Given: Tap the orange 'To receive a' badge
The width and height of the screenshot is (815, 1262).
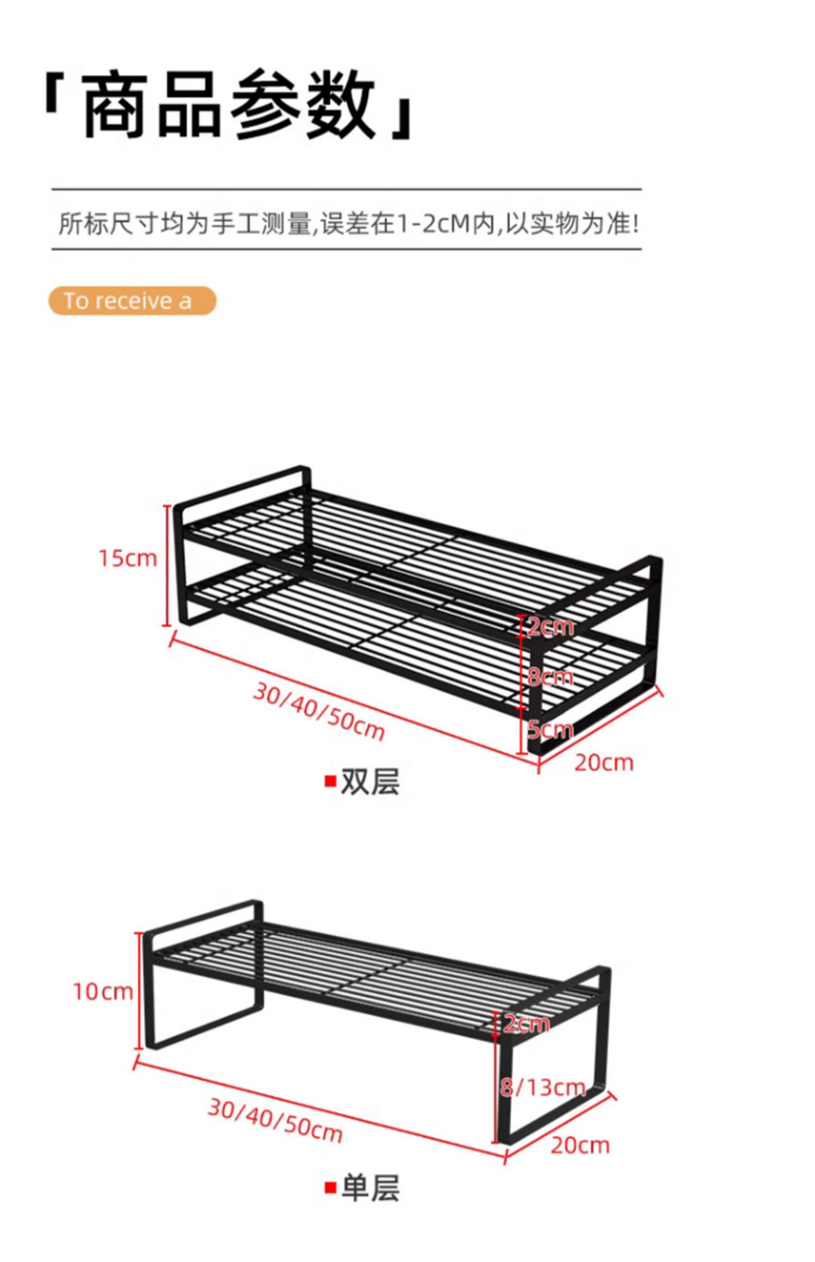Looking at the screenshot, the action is (x=132, y=301).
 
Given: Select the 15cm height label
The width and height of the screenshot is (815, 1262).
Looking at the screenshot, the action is (x=128, y=558).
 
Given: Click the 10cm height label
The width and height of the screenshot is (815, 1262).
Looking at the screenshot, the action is (x=103, y=992).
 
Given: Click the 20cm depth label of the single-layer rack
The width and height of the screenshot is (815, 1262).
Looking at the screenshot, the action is (x=580, y=1145).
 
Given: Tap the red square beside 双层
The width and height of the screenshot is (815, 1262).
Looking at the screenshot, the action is (x=330, y=782).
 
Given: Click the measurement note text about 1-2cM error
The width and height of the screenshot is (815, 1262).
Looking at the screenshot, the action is (x=348, y=223).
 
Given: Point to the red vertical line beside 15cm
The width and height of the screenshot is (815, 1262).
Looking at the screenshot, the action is (x=167, y=565).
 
